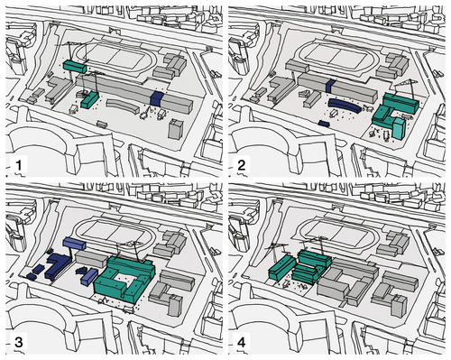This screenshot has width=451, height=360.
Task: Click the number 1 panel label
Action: click(x=19, y=165)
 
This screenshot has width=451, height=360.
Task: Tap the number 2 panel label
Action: click(x=242, y=165)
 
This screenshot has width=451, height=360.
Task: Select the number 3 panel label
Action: click(x=19, y=342)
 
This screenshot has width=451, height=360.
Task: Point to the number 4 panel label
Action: click(x=242, y=342)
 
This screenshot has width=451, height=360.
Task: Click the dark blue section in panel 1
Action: click(x=157, y=98)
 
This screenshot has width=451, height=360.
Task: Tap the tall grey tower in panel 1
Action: click(x=175, y=129)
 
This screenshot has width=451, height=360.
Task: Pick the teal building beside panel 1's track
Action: click(x=75, y=66)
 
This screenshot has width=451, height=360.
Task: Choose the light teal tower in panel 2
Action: click(x=399, y=128)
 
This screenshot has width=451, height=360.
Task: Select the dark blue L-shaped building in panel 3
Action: click(x=57, y=265)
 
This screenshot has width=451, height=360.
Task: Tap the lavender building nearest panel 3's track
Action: click(x=74, y=244)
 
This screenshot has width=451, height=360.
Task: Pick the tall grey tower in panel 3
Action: click(x=175, y=305)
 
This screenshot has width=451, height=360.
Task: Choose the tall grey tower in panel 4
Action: click(x=399, y=305)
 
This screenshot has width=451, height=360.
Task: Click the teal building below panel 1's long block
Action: click(x=90, y=100)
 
